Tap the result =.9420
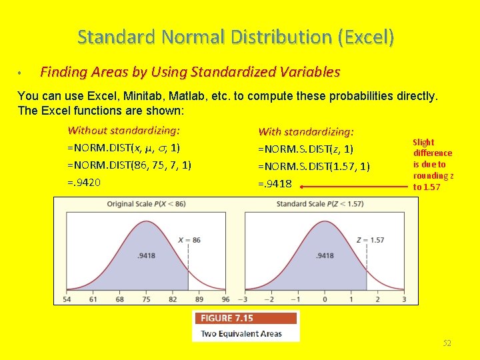pos(84,181)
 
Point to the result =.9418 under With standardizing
pos(275,183)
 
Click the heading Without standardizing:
pos(124,131)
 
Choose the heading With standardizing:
pos(306,132)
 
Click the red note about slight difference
pos(433,164)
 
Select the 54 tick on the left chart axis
pos(67,299)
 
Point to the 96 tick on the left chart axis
pos(225,299)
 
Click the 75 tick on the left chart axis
pos(146,299)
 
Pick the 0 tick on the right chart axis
pos(325,299)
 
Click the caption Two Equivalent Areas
pos(241,333)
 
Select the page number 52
pos(447,343)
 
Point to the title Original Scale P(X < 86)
pos(146,203)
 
